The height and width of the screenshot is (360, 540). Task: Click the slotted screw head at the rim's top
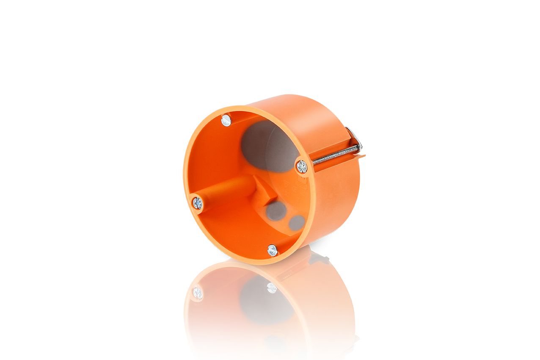coord(226,120)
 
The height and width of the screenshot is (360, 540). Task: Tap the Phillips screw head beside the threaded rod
coord(301,166)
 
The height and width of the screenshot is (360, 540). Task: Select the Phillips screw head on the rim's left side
coord(197,203)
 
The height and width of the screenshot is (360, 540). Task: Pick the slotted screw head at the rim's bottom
coord(273,250)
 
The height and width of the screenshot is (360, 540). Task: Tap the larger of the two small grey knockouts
coord(276,210)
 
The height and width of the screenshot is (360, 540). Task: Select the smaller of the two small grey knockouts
coord(297,222)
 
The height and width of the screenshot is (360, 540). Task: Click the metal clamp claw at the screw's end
coord(355,138)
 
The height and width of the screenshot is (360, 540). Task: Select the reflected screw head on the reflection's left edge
coord(198,292)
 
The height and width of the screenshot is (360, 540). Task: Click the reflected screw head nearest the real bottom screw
coord(272,288)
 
